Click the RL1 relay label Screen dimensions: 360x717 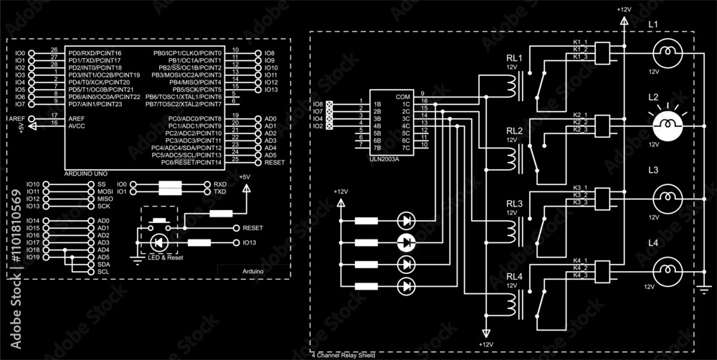pos(515,57)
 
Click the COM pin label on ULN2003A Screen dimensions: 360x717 pos(403,95)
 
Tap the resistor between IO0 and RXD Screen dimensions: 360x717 pos(171,188)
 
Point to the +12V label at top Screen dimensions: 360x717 pos(623,9)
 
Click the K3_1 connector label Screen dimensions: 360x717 pos(580,188)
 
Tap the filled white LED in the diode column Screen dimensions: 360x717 pos(407,242)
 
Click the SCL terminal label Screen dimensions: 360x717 pos(103,272)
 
